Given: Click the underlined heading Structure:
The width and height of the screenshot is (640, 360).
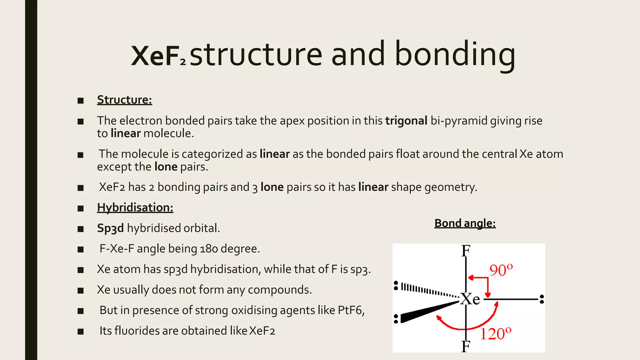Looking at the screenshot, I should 124,100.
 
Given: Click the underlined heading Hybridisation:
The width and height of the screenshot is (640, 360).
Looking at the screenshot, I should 135,208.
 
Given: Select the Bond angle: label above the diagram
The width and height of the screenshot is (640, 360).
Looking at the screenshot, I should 465,223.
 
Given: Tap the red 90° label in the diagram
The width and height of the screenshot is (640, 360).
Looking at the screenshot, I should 501,270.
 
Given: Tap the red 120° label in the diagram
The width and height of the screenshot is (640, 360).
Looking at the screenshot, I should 496,334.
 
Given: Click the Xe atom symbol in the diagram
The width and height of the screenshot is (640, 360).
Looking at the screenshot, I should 470,299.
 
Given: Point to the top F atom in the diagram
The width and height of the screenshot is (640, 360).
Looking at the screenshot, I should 466,251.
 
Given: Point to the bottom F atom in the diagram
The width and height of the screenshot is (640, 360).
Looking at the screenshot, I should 466,346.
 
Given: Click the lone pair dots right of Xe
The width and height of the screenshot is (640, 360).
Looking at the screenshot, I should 542,299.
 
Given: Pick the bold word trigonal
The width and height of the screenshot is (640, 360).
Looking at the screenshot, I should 406,121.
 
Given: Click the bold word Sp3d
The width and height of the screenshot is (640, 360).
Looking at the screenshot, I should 110,228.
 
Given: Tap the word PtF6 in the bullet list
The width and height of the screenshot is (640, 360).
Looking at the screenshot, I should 350,310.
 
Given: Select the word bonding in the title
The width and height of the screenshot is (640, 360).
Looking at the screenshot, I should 455,55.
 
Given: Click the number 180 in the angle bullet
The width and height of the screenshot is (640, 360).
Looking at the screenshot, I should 209,249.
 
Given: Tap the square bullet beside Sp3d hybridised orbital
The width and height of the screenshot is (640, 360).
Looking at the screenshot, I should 81,229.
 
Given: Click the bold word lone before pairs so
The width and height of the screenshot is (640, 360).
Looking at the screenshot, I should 272,187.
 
